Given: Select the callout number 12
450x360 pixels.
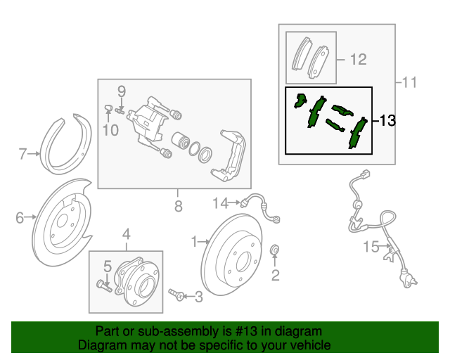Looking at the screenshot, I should coord(358,60).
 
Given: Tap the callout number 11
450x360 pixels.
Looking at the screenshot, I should coord(409,83).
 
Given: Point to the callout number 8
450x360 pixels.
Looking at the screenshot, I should coord(178,206).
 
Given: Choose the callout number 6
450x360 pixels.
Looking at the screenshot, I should coord(20,218).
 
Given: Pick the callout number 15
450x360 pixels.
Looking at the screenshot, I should coord(371,246).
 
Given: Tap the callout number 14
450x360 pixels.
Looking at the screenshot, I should coord(221,204).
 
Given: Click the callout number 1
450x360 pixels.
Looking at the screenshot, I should coord(194,242).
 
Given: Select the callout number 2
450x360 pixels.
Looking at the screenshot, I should coord(276,274).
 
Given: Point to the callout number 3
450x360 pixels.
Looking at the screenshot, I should coord(198,297).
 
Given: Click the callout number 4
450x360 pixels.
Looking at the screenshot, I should coord(127,234).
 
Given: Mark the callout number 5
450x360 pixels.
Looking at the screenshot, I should coord(108,266).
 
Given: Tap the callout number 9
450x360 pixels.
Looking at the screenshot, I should coord(121,91).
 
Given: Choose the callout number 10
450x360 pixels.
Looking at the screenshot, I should coord(109,129).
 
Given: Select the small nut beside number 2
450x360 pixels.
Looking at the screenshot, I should coord(276,250).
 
